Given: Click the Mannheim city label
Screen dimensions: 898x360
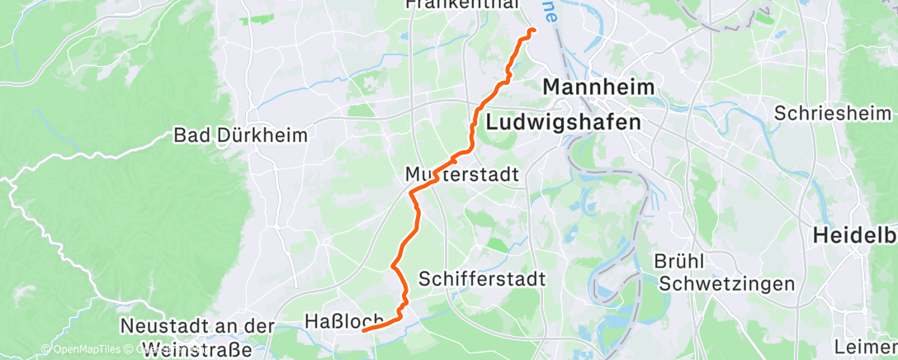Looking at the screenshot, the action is coord(598,88).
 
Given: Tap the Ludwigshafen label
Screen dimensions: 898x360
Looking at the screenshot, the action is coord(564,122).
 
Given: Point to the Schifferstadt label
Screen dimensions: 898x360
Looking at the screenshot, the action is coord(482,279).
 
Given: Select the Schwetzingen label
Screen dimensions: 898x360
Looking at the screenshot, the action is coord(727,284).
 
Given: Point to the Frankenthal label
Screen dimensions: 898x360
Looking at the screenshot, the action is coord(463,5).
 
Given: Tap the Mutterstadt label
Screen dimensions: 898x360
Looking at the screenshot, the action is coord(462,175).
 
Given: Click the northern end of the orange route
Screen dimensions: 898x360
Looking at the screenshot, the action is coord(532,31).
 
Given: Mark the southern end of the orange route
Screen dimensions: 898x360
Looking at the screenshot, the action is coord(364,330).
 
